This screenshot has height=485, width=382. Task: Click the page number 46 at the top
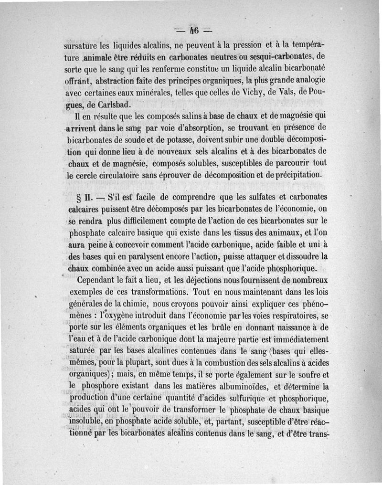(x=193, y=32)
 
